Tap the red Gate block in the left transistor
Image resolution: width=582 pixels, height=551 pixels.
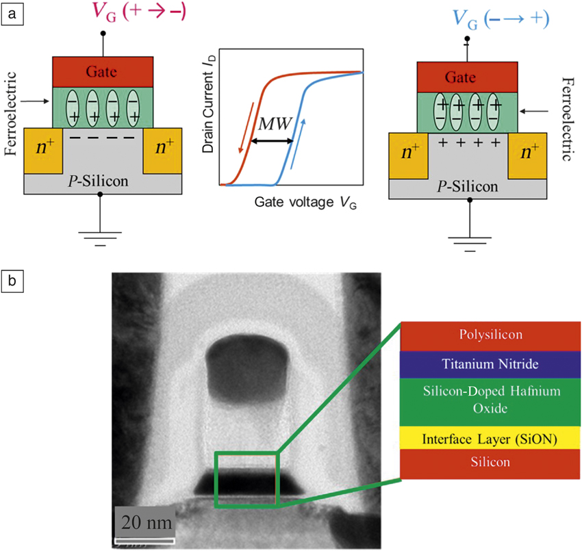click(x=103, y=71)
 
